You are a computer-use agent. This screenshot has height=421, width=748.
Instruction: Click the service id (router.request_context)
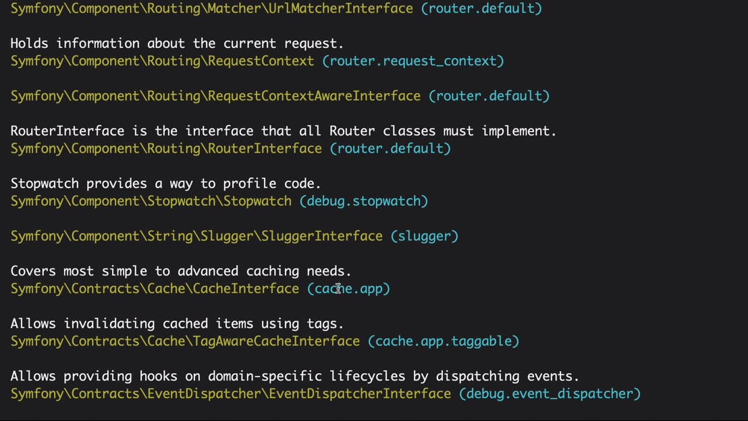[413, 61]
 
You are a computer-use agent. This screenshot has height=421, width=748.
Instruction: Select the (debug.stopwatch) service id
[363, 201]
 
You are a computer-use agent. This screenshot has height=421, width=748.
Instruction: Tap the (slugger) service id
[425, 236]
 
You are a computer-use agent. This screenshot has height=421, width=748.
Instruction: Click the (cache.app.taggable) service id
[443, 341]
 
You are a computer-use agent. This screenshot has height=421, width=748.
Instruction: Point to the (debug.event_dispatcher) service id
[550, 394]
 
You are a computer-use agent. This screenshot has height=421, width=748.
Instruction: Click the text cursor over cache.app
[338, 289]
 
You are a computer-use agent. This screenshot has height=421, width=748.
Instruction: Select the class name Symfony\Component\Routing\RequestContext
[162, 61]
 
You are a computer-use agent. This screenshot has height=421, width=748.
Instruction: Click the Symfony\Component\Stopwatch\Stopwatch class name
[151, 201]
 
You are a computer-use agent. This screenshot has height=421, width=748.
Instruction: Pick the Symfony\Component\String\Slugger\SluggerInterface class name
[196, 236]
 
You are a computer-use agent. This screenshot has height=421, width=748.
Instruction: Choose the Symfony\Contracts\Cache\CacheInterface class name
[155, 289]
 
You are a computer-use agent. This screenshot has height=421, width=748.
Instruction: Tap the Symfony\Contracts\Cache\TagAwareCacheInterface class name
[185, 341]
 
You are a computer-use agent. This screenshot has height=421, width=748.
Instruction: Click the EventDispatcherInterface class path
[230, 394]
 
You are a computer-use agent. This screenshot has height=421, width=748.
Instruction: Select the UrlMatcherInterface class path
[212, 9]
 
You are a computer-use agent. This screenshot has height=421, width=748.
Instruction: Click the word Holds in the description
[29, 43]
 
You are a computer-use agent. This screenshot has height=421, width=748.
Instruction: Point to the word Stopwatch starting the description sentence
[45, 184]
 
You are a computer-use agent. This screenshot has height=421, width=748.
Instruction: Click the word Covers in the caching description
[33, 271]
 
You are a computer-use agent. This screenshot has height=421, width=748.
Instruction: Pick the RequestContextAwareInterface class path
[215, 96]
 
